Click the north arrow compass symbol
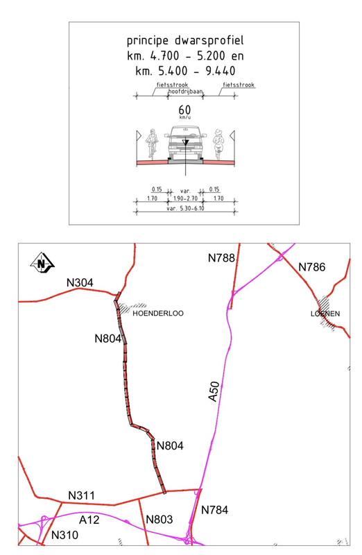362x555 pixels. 42,264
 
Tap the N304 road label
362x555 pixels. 80,282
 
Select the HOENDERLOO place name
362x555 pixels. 158,314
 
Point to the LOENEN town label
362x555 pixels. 325,314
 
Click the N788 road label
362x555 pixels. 221,258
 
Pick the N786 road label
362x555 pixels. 312,267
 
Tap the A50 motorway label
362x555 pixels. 214,392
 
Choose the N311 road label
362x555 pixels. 81,495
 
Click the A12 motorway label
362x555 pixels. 89,520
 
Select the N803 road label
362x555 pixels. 160,520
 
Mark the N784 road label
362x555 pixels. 214,510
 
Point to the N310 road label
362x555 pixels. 64,535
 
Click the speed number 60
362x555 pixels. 184,110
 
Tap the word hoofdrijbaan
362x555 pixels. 185,92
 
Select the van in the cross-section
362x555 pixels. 185,144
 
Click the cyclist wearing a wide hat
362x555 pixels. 219,143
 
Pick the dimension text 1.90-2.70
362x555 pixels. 185,198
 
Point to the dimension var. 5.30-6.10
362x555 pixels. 185,209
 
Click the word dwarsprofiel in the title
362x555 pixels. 209,41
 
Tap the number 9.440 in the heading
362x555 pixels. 221,71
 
